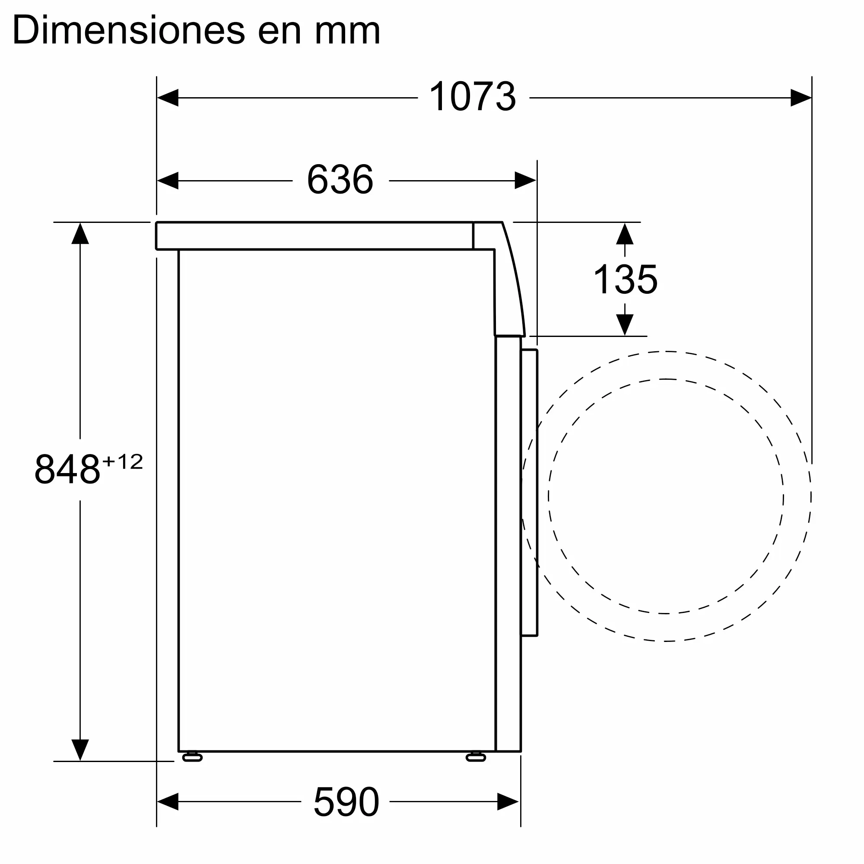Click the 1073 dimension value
point(473,97)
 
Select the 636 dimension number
point(340,180)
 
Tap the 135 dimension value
point(625,280)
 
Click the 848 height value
point(67,470)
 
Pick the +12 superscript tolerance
point(123,461)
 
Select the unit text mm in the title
point(347,30)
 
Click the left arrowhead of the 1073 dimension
point(168,98)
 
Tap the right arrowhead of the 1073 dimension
point(800,98)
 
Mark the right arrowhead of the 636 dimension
point(525,181)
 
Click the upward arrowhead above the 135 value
point(625,234)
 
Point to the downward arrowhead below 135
point(625,324)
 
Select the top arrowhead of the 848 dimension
point(80,234)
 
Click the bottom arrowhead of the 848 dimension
point(80,750)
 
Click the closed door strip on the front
point(530,492)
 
